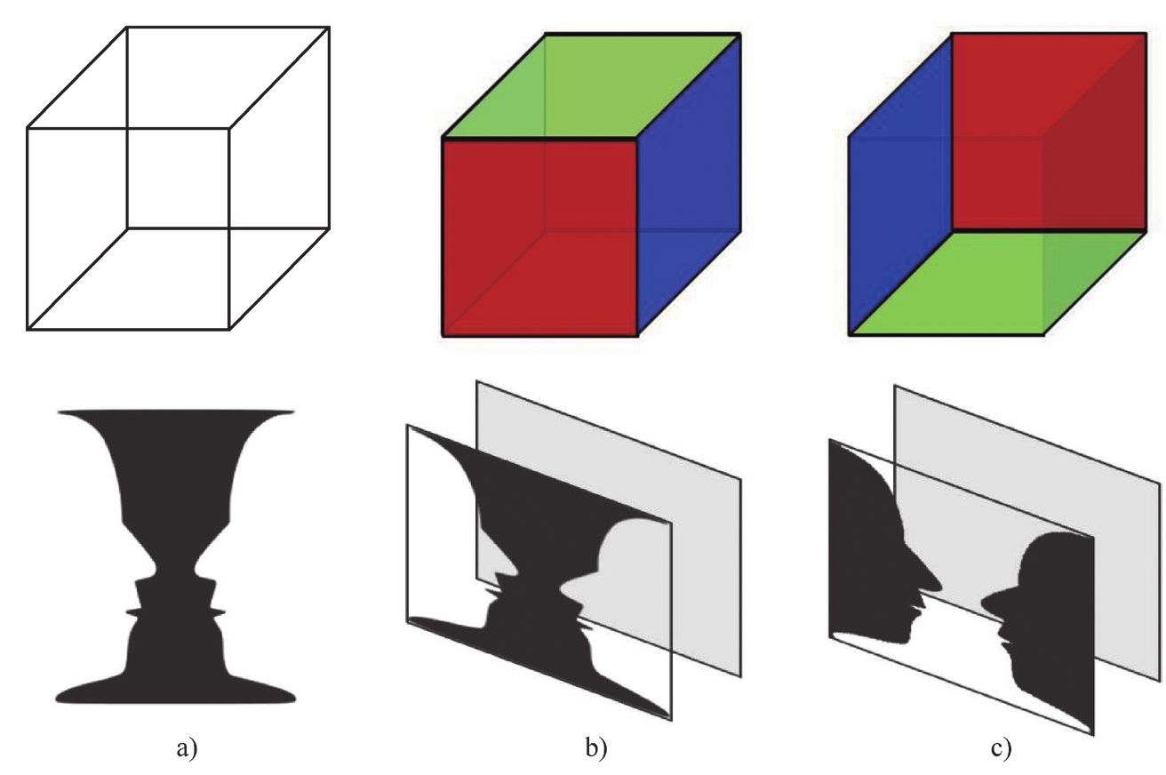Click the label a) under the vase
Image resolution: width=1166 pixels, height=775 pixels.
pos(186,749)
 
